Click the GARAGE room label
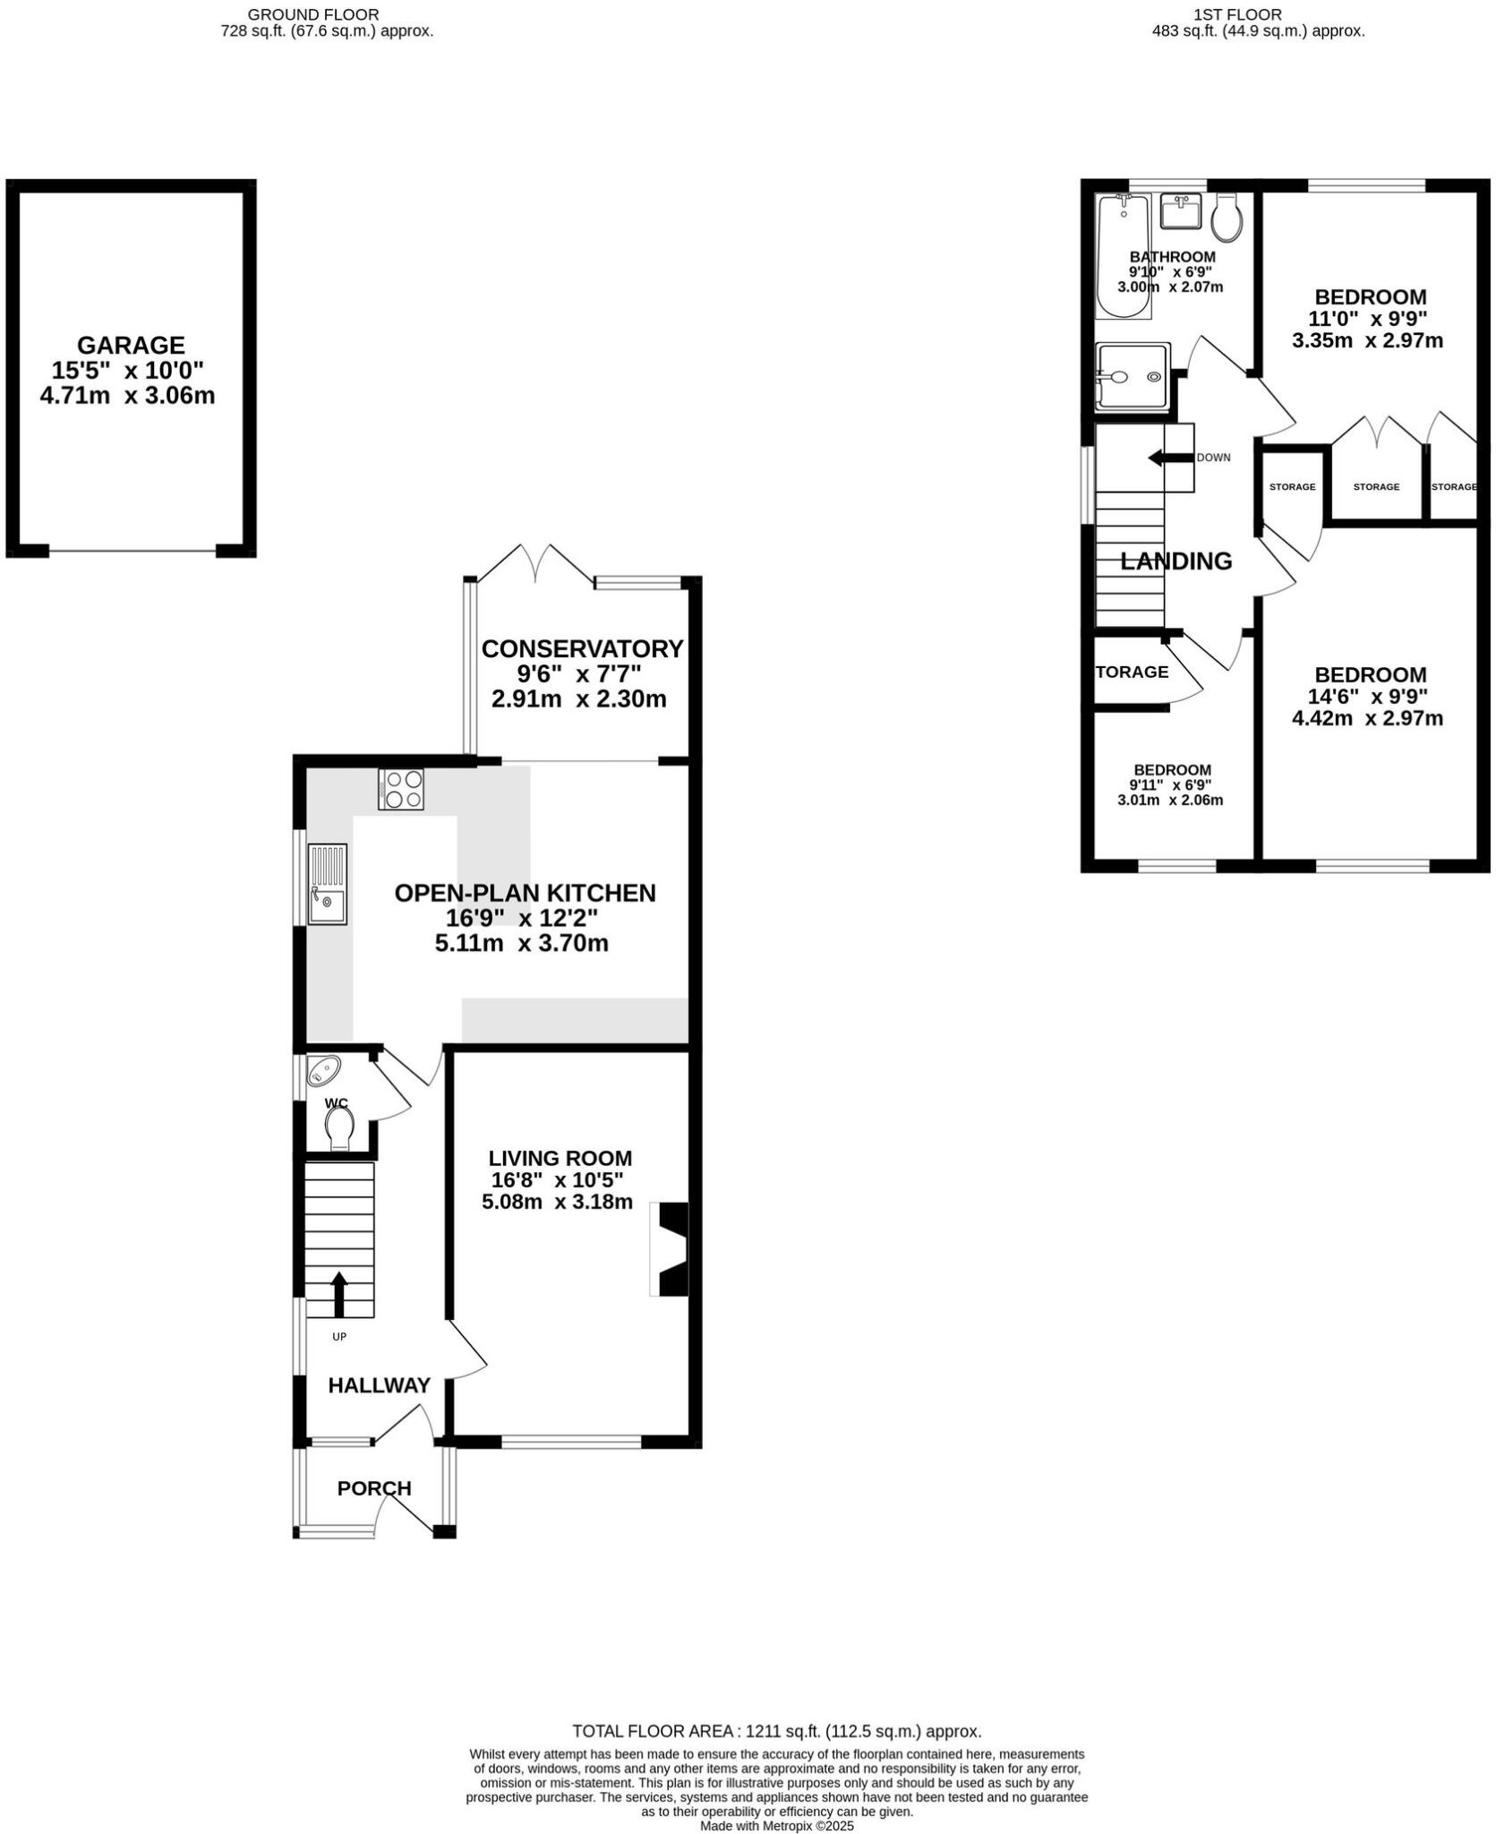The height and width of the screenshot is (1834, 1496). [x=131, y=345]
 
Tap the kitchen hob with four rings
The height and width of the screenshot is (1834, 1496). [x=401, y=789]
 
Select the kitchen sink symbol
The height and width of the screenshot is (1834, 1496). [x=327, y=883]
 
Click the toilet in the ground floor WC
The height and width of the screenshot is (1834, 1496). [x=339, y=1127]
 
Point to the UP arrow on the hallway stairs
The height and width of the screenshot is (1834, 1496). [x=339, y=1295]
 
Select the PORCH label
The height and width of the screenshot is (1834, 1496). [x=374, y=1488]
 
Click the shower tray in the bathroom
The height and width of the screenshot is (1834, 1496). [x=1132, y=377]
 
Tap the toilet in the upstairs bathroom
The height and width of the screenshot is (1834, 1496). [x=1227, y=218]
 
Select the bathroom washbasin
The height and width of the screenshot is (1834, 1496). [x=1180, y=211]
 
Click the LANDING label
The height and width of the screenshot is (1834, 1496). [x=1175, y=561]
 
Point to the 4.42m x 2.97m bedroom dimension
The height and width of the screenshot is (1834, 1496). [x=1366, y=718]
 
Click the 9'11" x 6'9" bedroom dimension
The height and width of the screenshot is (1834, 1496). [x=1172, y=785]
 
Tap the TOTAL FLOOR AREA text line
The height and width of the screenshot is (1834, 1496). [x=776, y=1732]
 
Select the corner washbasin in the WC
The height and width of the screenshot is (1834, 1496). [x=323, y=1069]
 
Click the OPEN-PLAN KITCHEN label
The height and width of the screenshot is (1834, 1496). [x=525, y=893]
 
